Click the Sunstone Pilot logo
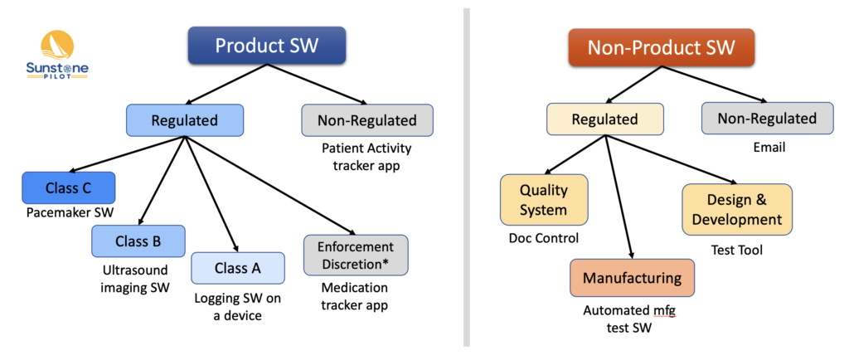(x=57, y=56)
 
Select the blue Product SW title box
(x=267, y=45)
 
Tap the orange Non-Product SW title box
(x=661, y=47)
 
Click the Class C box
(x=69, y=188)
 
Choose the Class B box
(x=138, y=241)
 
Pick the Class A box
(x=238, y=268)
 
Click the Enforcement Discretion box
(x=356, y=255)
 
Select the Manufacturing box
(x=632, y=278)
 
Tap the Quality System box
(x=544, y=199)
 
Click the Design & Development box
(x=737, y=210)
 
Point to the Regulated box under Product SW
(x=185, y=119)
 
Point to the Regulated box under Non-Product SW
(x=605, y=119)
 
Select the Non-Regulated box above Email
(x=767, y=118)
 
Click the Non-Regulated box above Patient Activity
(x=367, y=119)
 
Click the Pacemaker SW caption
(x=70, y=212)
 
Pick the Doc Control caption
(x=544, y=238)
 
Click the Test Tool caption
(x=736, y=250)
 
